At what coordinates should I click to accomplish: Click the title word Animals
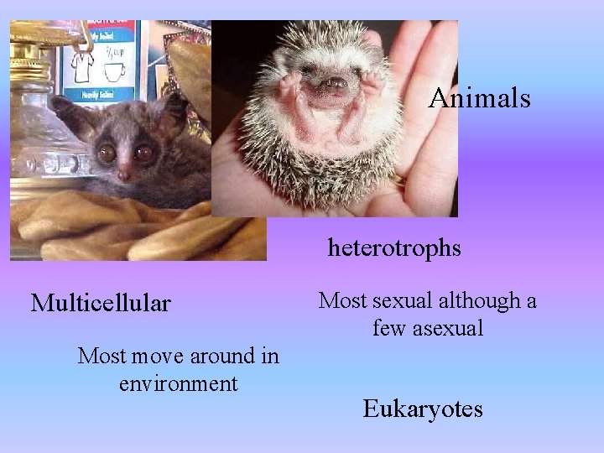coord(479,99)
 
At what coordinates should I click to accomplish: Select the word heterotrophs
coord(394,248)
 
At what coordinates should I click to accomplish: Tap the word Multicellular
coord(101,301)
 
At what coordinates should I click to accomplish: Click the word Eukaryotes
coord(422,409)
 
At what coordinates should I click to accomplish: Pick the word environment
coord(178,383)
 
